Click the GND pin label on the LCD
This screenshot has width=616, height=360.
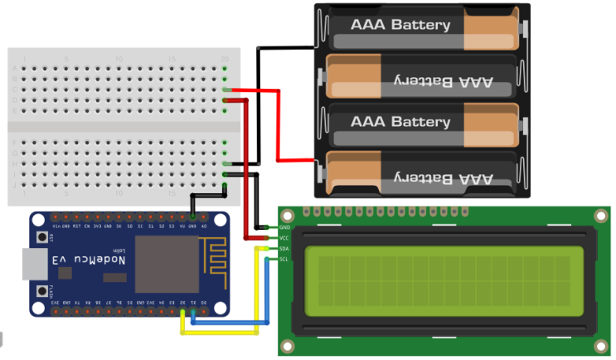284,227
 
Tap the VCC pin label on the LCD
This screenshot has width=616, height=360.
284,238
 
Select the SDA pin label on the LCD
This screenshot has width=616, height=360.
284,249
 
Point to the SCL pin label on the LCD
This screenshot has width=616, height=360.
284,260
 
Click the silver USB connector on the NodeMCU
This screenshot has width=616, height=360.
33,265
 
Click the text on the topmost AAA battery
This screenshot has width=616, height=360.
400,25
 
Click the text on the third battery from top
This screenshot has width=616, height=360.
400,122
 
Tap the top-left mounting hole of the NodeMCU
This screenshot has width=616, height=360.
38,221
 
